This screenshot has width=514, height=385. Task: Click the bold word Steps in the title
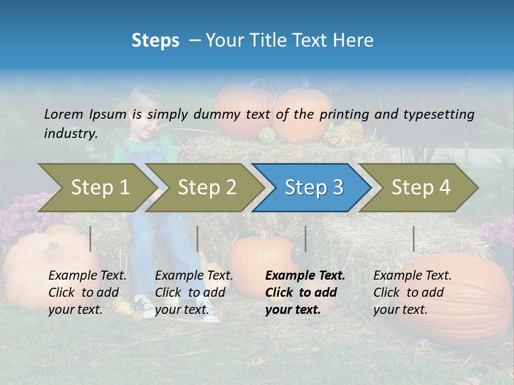pos(155,41)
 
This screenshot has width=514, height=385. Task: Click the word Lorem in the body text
pos(64,114)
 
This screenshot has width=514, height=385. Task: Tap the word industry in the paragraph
pos(70,134)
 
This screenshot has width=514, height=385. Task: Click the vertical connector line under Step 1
pos(90,238)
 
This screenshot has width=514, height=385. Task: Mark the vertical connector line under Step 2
pos(198,238)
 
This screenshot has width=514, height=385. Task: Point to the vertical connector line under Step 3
pos(305,238)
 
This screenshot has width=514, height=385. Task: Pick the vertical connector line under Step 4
pos(413,238)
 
